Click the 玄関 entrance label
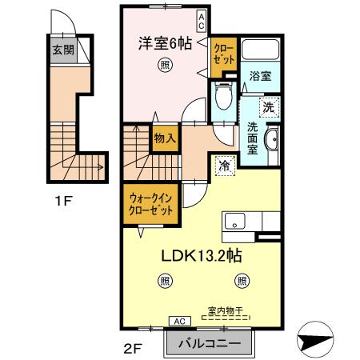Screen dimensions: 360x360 click(63, 50)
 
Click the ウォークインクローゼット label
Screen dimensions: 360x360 click(154, 202)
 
